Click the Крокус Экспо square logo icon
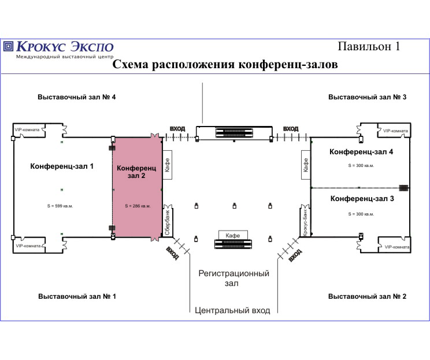click(x=8, y=46)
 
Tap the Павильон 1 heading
click(x=369, y=46)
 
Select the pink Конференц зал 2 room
click(x=138, y=187)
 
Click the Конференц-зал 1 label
click(x=62, y=166)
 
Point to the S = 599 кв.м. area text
click(x=60, y=206)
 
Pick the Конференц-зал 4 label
click(x=361, y=152)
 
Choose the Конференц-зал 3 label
click(x=362, y=199)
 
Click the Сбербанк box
click(x=168, y=221)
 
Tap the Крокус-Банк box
click(x=305, y=221)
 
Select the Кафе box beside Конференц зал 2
click(x=167, y=165)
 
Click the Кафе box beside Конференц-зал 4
click(x=306, y=165)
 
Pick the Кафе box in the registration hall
click(x=233, y=235)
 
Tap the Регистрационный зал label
click(x=233, y=278)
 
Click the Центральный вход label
click(x=232, y=310)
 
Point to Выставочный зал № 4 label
click(x=76, y=97)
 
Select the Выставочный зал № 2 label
click(x=367, y=296)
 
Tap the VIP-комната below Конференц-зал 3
click(x=395, y=247)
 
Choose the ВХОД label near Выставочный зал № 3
click(x=291, y=129)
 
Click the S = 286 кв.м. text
click(x=138, y=206)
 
